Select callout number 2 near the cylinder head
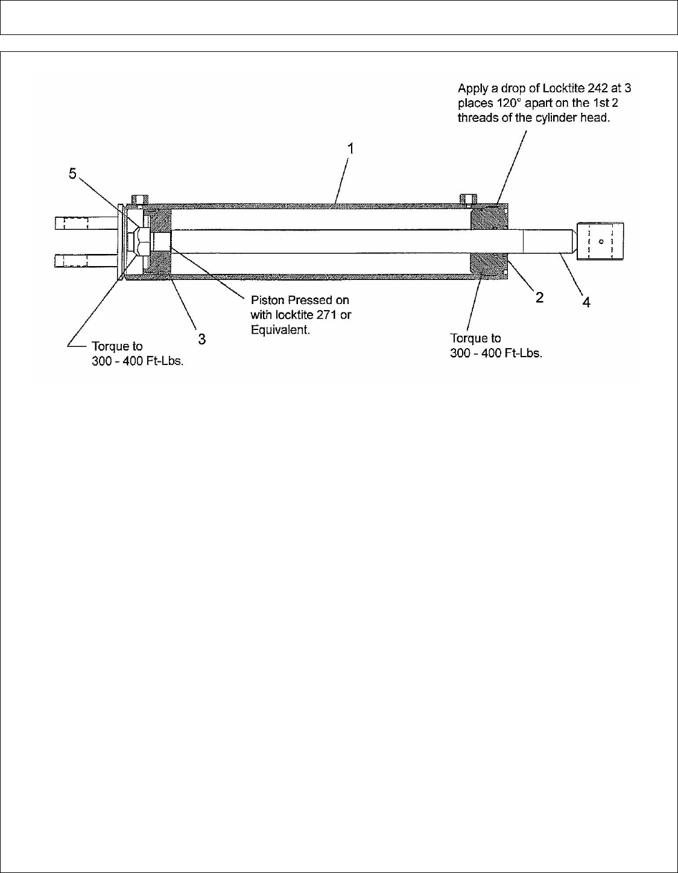click(x=539, y=297)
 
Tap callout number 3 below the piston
click(x=201, y=339)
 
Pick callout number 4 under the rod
click(x=586, y=302)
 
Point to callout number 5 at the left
click(x=72, y=174)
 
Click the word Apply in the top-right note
click(x=472, y=88)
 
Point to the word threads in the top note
click(x=477, y=118)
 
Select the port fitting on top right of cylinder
click(x=467, y=198)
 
